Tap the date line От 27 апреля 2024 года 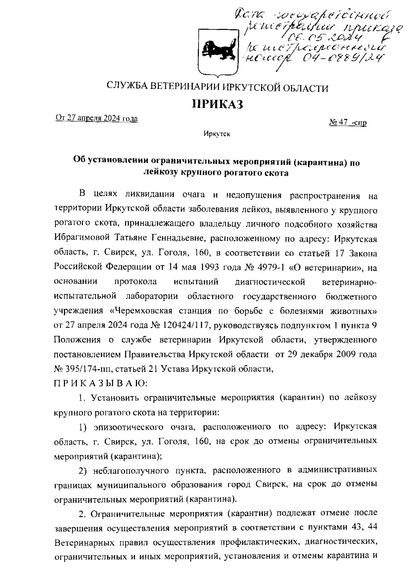[x=97, y=118]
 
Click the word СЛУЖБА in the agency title [x=126, y=88]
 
